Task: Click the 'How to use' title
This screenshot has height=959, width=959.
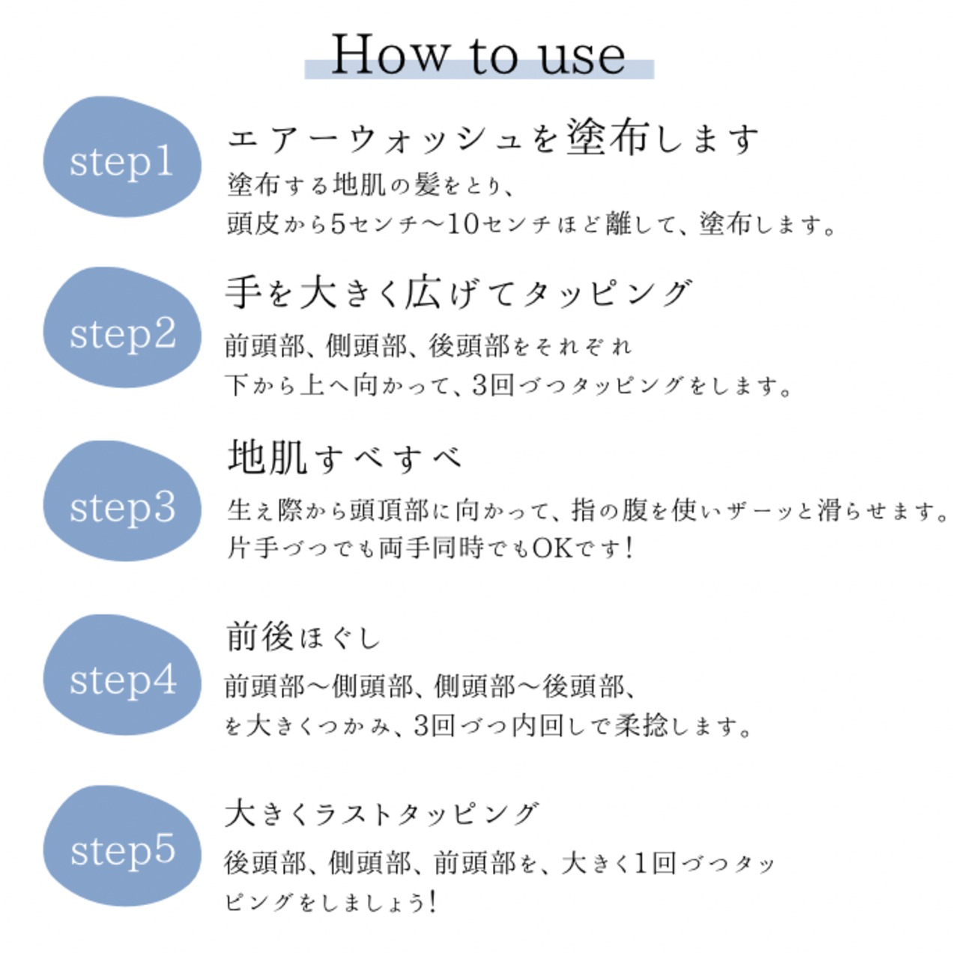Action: (x=478, y=55)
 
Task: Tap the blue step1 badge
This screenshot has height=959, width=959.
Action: (x=121, y=159)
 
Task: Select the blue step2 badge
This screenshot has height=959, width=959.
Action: (x=121, y=331)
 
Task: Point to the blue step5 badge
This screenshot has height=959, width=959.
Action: (x=121, y=850)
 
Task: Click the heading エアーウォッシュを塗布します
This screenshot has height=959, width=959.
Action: (x=493, y=139)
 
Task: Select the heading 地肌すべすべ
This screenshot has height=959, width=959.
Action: (x=345, y=457)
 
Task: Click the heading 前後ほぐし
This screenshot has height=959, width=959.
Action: (x=303, y=637)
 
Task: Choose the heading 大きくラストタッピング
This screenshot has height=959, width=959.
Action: (x=381, y=814)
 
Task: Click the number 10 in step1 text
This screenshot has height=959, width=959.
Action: (x=463, y=223)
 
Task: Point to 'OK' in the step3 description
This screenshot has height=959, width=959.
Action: (x=552, y=548)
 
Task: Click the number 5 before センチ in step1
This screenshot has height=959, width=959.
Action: (x=338, y=223)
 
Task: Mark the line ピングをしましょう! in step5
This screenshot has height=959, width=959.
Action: (x=330, y=902)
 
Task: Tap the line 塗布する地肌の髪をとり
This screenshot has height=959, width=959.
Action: (x=370, y=184)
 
